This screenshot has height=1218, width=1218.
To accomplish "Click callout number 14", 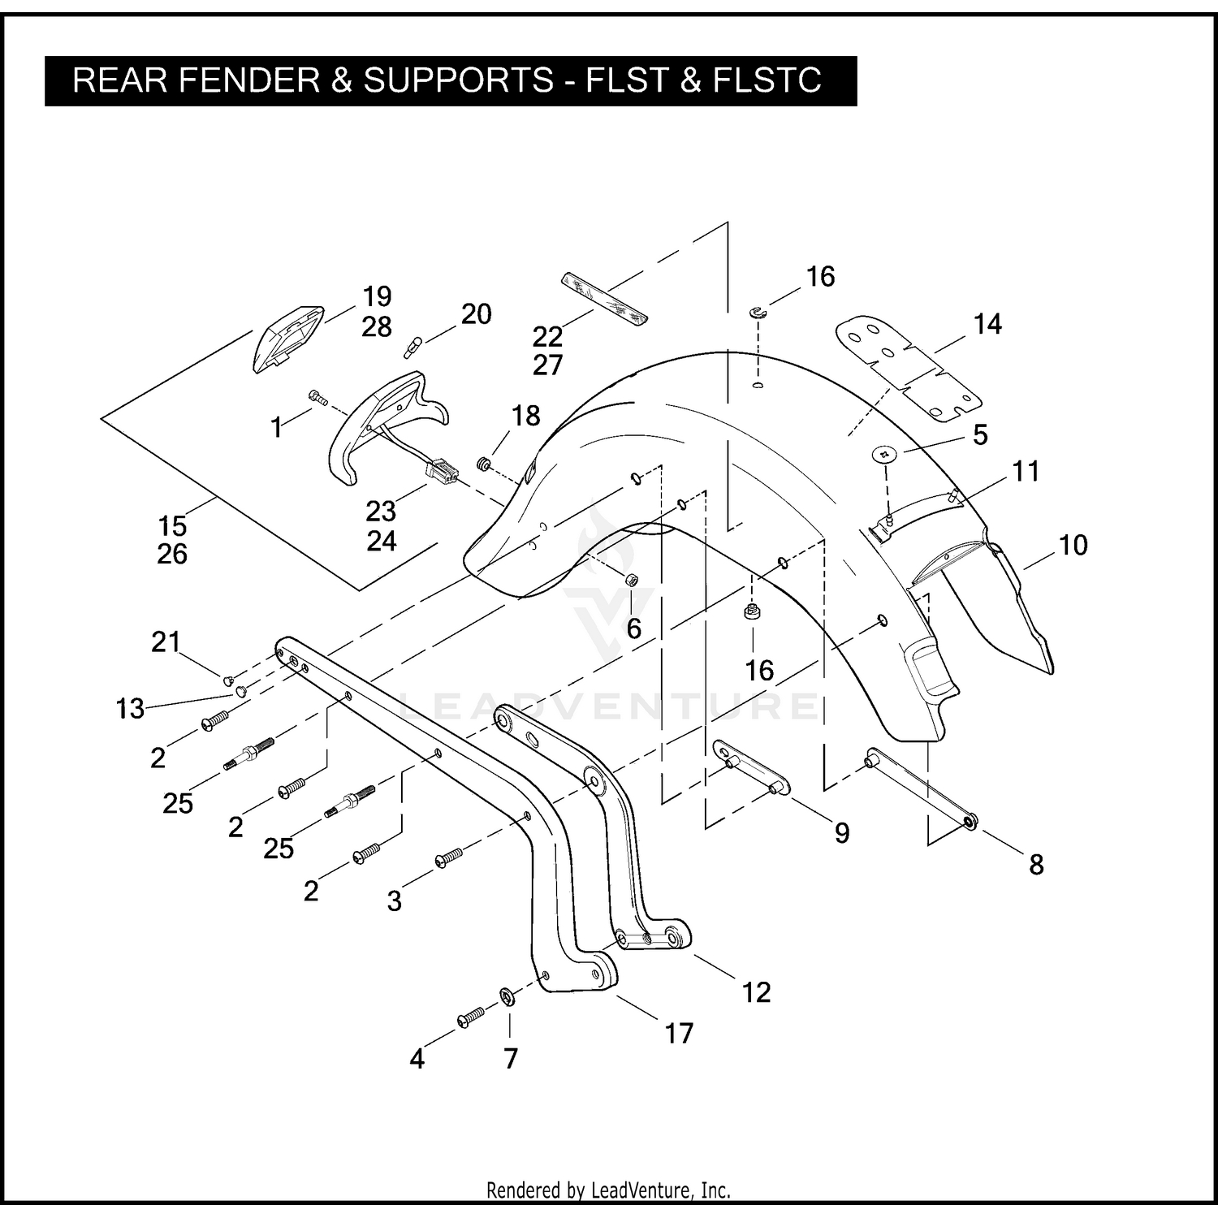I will click(x=987, y=325).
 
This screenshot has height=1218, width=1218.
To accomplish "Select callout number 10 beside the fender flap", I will click(x=1073, y=545).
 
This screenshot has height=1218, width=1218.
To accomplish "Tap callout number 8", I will click(x=1036, y=865).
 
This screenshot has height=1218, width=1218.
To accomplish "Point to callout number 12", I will click(x=756, y=992).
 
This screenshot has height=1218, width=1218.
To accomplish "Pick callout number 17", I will click(x=679, y=1034).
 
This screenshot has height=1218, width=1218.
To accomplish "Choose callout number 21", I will click(x=166, y=642).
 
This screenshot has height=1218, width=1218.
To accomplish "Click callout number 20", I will click(x=477, y=314).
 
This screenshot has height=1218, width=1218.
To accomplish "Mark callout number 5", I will click(x=981, y=435).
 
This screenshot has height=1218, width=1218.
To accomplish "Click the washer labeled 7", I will click(x=507, y=996).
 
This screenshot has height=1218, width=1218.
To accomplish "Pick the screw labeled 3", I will click(x=449, y=857).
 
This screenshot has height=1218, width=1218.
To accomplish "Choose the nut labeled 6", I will click(x=631, y=580).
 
